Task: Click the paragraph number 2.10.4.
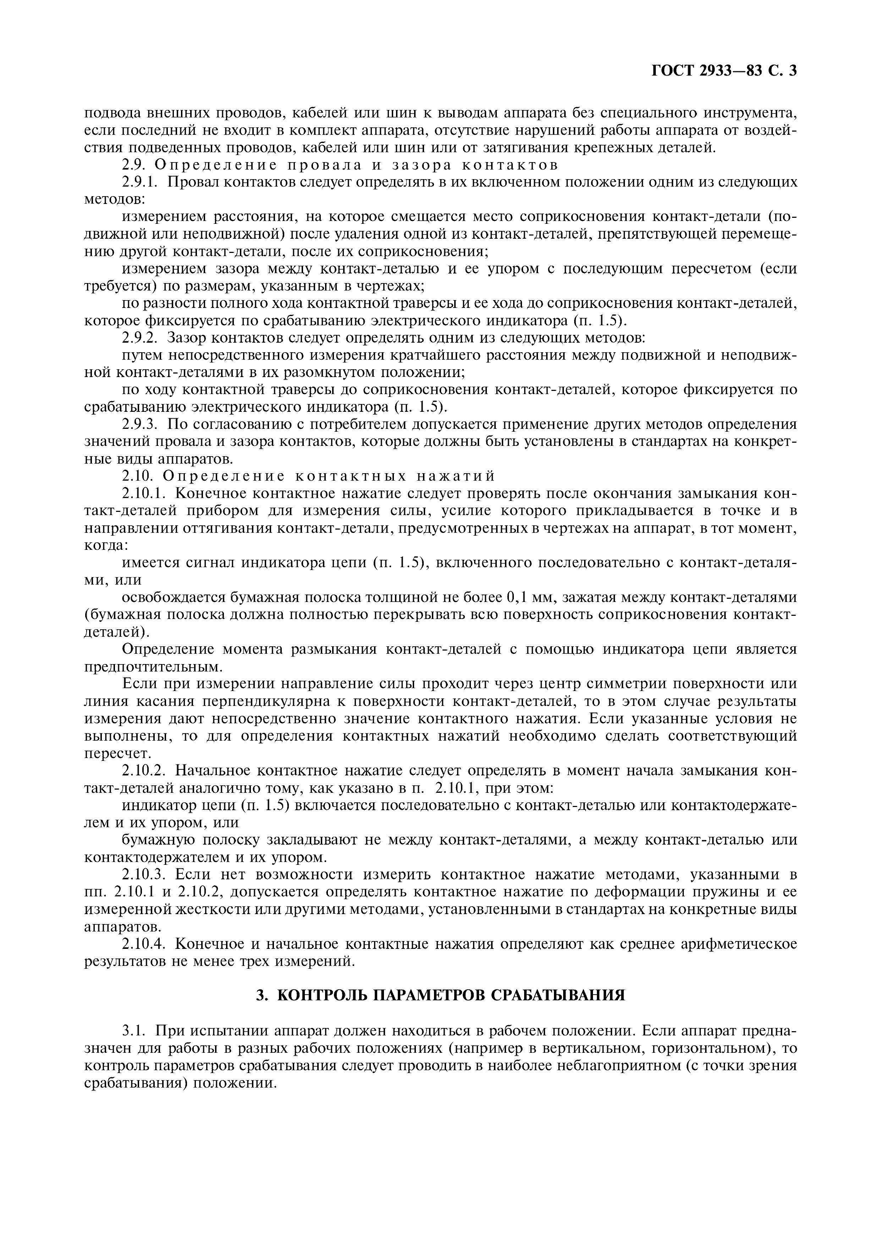(145, 944)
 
